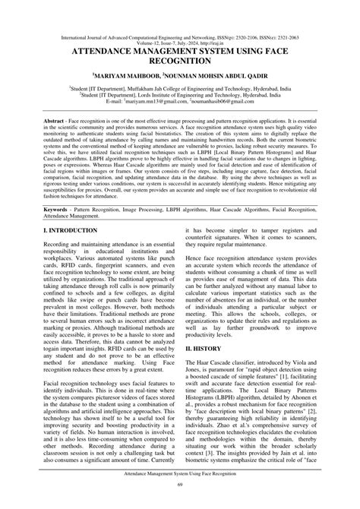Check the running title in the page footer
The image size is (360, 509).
[180, 493]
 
